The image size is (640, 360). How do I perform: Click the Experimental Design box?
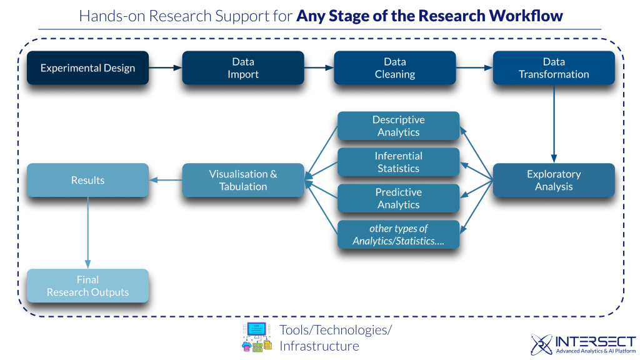(x=87, y=68)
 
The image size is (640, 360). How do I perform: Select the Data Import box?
(x=243, y=68)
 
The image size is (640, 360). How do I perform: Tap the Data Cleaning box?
(x=394, y=68)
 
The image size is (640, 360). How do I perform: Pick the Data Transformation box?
(x=554, y=68)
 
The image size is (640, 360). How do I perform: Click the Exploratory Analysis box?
(x=554, y=180)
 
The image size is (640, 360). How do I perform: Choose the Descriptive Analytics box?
(x=398, y=126)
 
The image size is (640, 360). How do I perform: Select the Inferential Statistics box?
(x=398, y=162)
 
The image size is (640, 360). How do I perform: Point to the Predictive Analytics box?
(x=398, y=198)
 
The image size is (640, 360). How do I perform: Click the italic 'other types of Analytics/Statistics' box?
(x=398, y=234)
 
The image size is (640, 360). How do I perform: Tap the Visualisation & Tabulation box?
(x=243, y=180)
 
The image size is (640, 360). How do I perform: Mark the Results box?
(x=87, y=180)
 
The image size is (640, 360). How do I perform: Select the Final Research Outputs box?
(x=87, y=286)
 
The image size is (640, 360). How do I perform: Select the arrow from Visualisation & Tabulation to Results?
(x=166, y=181)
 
